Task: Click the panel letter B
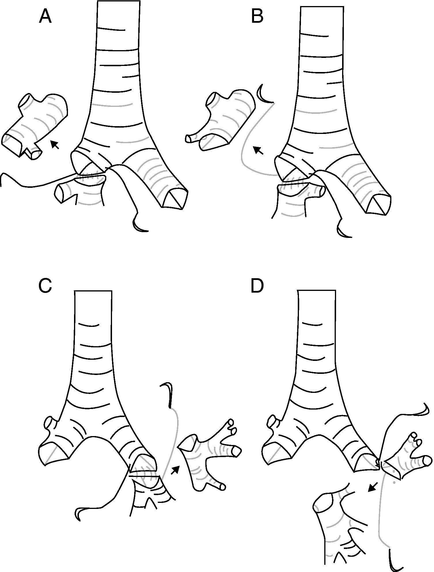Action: click(x=257, y=17)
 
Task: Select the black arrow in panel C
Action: click(x=175, y=470)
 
